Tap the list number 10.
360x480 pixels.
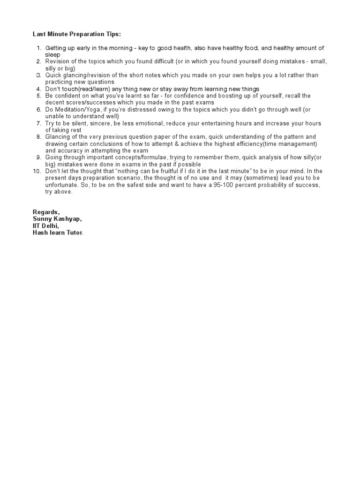pyautogui.click(x=37, y=172)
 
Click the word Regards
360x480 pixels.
pyautogui.click(x=46, y=212)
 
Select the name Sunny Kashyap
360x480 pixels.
pyautogui.click(x=60, y=219)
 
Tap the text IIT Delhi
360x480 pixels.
pyautogui.click(x=45, y=225)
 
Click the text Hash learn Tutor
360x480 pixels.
pyautogui.click(x=58, y=232)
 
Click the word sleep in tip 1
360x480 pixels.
pyautogui.click(x=53, y=55)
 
